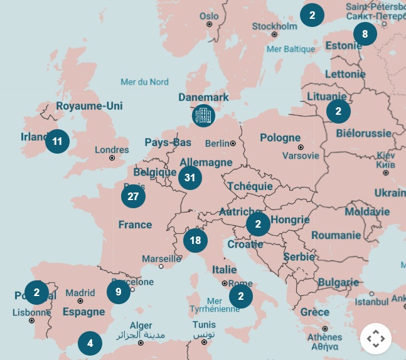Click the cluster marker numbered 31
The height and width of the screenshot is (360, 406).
coord(190,177)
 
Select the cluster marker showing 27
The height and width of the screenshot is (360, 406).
coord(133,196)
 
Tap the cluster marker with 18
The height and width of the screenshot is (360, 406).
coord(195,240)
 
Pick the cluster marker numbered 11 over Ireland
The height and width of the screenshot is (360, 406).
coord(57,141)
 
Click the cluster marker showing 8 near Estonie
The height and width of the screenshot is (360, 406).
coord(365,34)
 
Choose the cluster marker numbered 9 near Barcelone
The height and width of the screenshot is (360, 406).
coord(118,292)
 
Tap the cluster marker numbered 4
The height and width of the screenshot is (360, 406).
coord(90,343)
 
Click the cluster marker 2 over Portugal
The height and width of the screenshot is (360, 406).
coord(36,292)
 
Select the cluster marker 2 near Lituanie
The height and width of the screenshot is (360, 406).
coord(338,112)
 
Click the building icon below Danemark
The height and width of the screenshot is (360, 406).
coord(203,115)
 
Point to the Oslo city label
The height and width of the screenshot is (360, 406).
coord(209,16)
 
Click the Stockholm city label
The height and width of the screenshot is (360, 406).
coord(275,26)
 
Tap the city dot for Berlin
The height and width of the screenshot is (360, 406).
coord(233,144)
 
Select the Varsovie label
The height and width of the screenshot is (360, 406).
coord(297,155)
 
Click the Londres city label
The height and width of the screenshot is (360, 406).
coord(112,150)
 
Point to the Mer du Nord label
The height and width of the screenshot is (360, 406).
coord(145,82)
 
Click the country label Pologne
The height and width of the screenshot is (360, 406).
coord(280,138)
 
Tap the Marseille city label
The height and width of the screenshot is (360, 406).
coord(161,258)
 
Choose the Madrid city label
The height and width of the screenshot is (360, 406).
coord(80,292)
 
